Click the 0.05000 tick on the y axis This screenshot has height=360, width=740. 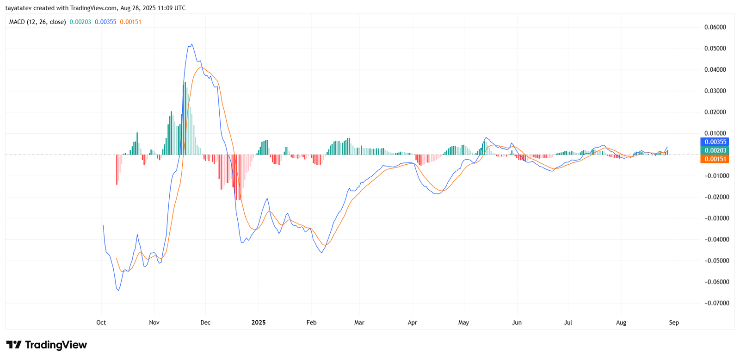pyautogui.click(x=715, y=49)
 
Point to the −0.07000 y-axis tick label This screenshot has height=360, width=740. pyautogui.click(x=715, y=303)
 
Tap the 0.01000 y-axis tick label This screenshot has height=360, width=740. pyautogui.click(x=715, y=133)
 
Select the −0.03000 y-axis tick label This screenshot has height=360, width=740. pyautogui.click(x=715, y=218)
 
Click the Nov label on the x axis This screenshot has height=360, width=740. pyautogui.click(x=154, y=323)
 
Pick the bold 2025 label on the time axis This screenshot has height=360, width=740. pyautogui.click(x=259, y=323)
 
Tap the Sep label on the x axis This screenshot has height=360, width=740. pyautogui.click(x=674, y=323)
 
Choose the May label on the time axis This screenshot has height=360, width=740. pyautogui.click(x=463, y=323)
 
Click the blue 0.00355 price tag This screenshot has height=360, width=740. pyautogui.click(x=715, y=142)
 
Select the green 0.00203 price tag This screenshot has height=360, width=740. pyautogui.click(x=715, y=150)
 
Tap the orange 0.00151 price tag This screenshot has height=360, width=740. pyautogui.click(x=715, y=159)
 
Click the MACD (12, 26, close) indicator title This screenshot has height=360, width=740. pyautogui.click(x=37, y=22)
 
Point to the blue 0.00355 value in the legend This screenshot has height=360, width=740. pyautogui.click(x=105, y=22)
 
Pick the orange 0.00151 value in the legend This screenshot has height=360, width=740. pyautogui.click(x=130, y=22)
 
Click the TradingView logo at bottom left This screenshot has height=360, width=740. pyautogui.click(x=46, y=345)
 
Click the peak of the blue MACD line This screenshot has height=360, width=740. pyautogui.click(x=191, y=44)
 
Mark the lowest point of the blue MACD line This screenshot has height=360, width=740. pyautogui.click(x=118, y=291)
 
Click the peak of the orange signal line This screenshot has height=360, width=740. pyautogui.click(x=200, y=67)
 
